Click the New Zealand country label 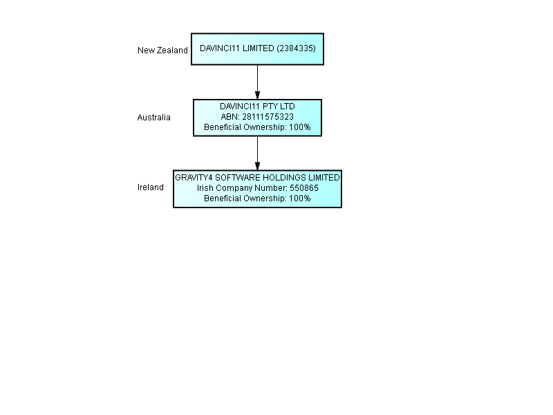(x=162, y=50)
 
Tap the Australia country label (x=153, y=117)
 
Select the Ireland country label (x=151, y=187)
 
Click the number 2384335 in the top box (x=296, y=48)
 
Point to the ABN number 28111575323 (x=268, y=117)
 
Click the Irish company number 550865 (x=304, y=187)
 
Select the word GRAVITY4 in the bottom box (x=194, y=178)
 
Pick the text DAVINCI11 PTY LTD (x=257, y=107)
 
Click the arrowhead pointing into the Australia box (x=257, y=95)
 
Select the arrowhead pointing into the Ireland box (x=257, y=166)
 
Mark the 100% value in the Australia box (x=300, y=127)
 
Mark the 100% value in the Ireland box (x=300, y=199)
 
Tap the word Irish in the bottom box (x=205, y=187)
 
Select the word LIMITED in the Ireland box (x=324, y=178)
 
